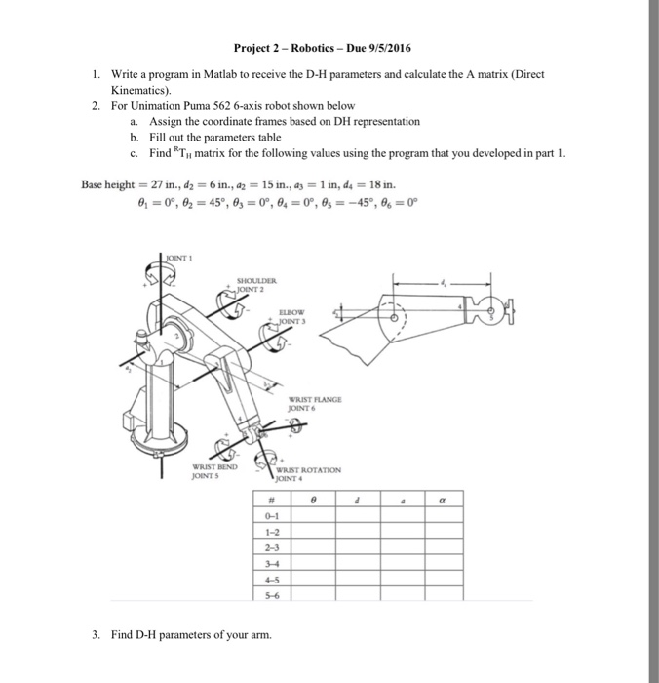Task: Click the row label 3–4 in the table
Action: (x=269, y=561)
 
